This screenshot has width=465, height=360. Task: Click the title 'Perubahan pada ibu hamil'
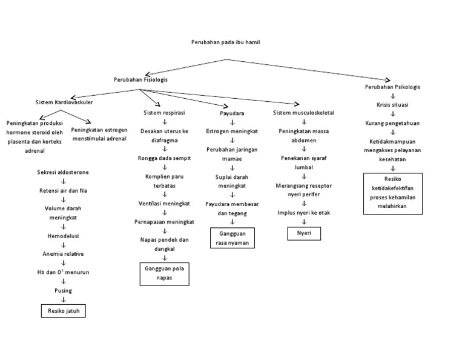click(x=225, y=42)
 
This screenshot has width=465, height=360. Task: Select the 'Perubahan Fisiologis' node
click(x=141, y=80)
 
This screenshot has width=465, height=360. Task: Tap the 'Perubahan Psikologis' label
click(x=392, y=87)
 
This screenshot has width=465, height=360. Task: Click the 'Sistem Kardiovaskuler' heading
click(x=65, y=102)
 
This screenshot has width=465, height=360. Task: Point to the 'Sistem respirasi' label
click(x=164, y=113)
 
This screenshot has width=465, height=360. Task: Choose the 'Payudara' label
click(x=232, y=114)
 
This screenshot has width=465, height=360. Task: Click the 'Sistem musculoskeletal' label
click(x=303, y=113)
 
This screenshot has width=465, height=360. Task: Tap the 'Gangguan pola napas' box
click(x=164, y=273)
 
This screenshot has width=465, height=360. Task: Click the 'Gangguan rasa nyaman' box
click(x=232, y=238)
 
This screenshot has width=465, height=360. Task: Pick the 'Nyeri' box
click(x=303, y=233)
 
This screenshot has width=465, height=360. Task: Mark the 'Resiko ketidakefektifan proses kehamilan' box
click(x=392, y=193)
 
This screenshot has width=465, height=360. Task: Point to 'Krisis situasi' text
click(x=392, y=105)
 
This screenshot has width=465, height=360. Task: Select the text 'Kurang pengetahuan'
click(x=392, y=123)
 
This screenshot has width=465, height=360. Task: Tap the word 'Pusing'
click(x=64, y=291)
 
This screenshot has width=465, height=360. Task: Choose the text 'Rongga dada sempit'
click(x=164, y=158)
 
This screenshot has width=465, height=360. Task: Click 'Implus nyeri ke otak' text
click(x=303, y=213)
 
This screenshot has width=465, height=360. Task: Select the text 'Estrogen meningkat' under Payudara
click(x=232, y=131)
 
